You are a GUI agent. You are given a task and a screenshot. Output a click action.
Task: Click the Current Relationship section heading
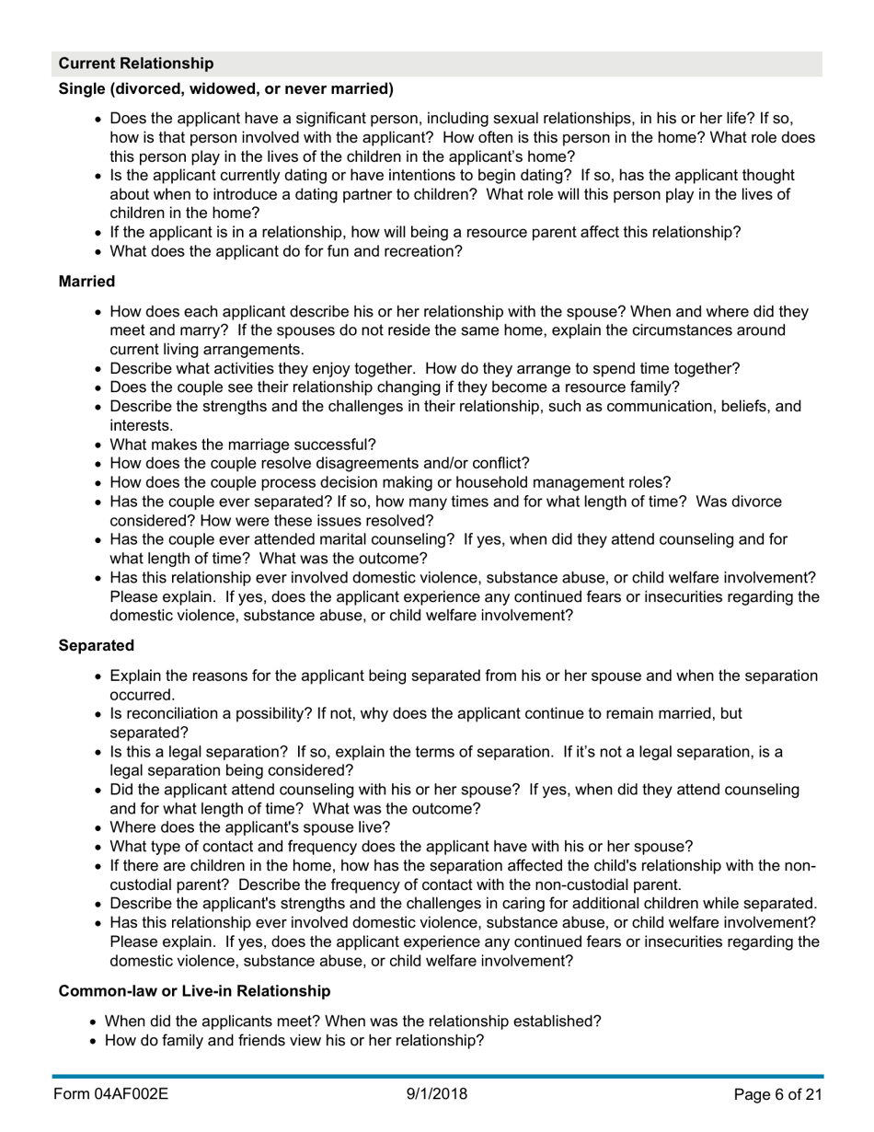point(136,64)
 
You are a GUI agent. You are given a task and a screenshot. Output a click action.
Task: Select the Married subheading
point(86,281)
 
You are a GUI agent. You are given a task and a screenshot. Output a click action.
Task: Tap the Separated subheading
point(97,645)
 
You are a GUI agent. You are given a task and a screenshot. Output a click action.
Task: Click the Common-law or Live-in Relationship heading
point(194,990)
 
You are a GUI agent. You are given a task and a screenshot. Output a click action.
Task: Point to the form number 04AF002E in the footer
point(110,1094)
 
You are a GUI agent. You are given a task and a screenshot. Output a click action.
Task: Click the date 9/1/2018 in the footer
point(437,1094)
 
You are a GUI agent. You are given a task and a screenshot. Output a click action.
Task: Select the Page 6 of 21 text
point(777,1094)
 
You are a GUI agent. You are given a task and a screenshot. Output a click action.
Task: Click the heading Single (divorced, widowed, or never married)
point(226,88)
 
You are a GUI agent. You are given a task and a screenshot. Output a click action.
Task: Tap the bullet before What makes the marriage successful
point(99,445)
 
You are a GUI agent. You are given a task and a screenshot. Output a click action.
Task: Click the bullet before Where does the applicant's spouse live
point(99,827)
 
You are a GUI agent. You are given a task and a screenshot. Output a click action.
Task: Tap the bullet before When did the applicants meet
point(95,1021)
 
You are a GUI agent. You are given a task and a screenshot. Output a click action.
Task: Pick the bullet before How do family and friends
point(95,1040)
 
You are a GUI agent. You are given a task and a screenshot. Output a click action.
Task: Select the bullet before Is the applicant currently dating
point(99,176)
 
